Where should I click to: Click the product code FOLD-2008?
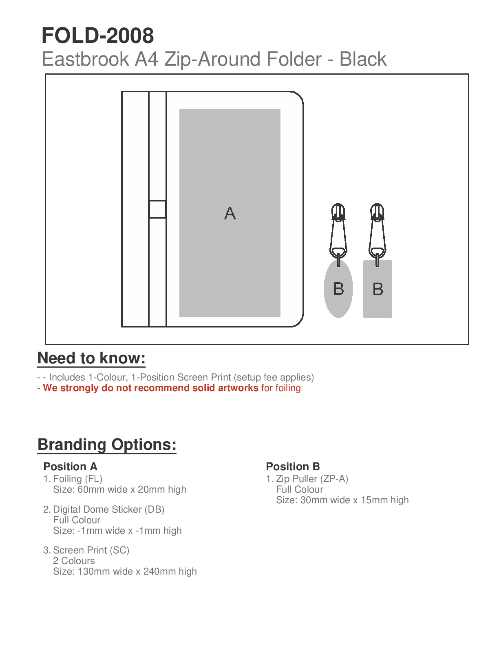[98, 35]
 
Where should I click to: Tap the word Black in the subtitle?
[363, 59]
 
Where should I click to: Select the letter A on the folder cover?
[230, 213]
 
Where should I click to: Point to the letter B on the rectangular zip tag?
[378, 289]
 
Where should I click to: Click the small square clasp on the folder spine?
[157, 209]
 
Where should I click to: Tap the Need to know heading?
[91, 358]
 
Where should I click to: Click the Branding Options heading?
[107, 444]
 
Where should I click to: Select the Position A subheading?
[70, 466]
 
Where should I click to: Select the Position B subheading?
[293, 466]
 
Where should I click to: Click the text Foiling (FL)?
[77, 479]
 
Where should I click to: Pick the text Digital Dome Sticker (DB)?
[108, 509]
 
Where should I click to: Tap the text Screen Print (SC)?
[91, 550]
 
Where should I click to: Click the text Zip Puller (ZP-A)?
[312, 479]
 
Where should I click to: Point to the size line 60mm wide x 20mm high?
[119, 489]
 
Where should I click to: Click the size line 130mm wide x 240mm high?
[125, 571]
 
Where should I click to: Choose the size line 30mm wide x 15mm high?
[342, 500]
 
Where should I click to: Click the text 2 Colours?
[74, 561]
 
